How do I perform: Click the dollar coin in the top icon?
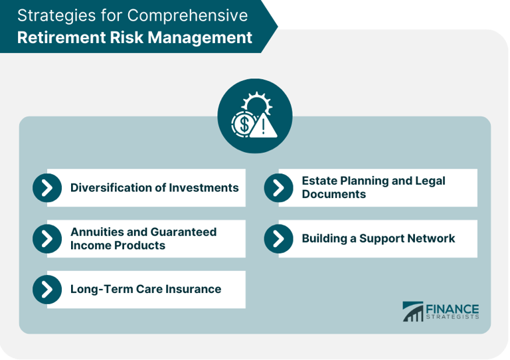tap(243, 124)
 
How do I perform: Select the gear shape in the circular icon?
tap(256, 105)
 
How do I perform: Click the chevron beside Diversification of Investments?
tap(47, 188)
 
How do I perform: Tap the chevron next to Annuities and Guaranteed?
tap(47, 238)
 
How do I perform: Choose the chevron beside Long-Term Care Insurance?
tap(47, 289)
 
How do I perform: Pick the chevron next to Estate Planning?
tap(278, 188)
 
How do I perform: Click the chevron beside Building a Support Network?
tap(278, 238)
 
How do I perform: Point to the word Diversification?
tap(111, 188)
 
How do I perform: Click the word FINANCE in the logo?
tap(453, 308)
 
